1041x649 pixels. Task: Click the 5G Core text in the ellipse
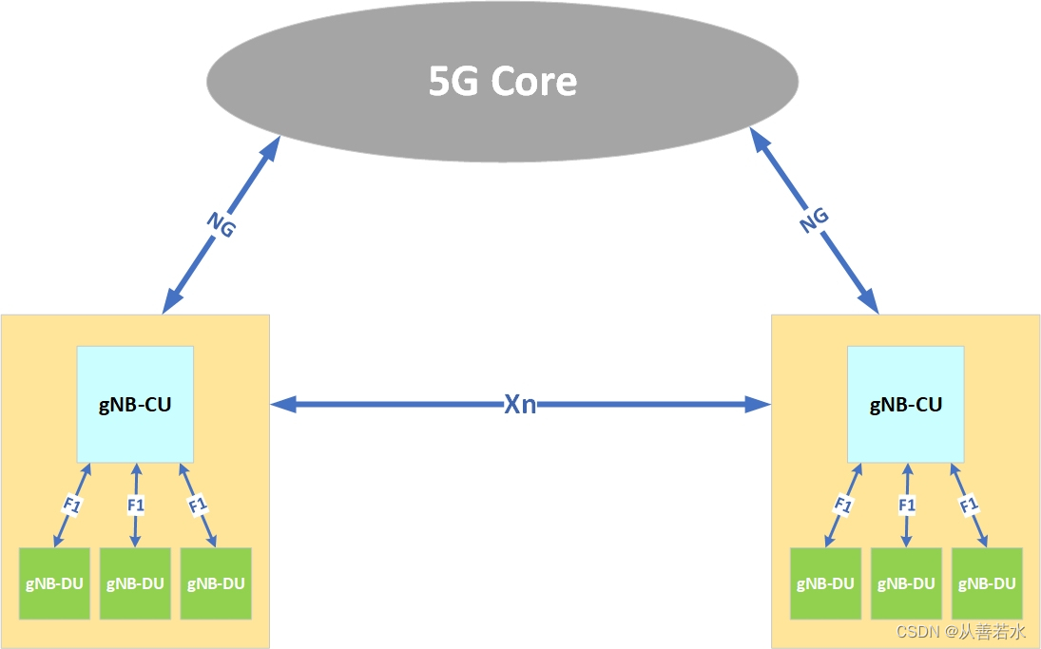click(503, 82)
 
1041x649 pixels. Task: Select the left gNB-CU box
click(135, 404)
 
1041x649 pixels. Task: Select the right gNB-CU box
click(905, 404)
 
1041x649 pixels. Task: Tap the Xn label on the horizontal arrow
click(520, 405)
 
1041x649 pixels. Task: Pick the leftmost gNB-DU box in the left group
click(55, 583)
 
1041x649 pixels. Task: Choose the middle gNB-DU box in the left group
click(135, 583)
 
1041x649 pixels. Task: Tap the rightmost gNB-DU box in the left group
click(215, 583)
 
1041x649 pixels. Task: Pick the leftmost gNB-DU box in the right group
click(825, 583)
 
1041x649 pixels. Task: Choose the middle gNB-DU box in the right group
click(906, 583)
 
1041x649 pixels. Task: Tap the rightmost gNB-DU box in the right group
click(986, 583)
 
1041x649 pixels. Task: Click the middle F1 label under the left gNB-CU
click(135, 505)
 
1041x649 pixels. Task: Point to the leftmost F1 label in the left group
click(72, 505)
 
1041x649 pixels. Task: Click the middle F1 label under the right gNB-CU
click(906, 505)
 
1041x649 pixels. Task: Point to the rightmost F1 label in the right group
click(969, 505)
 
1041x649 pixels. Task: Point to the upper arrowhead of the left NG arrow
click(271, 146)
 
